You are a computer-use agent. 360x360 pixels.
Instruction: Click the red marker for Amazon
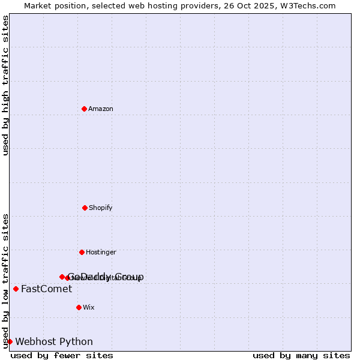click(84, 109)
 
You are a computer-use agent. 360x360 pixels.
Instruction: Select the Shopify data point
click(85, 208)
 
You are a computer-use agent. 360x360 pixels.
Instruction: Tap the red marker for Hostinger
click(82, 252)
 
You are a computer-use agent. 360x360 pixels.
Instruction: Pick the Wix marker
click(79, 307)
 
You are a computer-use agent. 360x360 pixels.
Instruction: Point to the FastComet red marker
click(16, 289)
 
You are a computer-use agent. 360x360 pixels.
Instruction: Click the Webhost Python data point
click(10, 341)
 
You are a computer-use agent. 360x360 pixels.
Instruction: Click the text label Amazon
click(101, 109)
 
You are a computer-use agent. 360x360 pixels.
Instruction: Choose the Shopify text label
click(101, 208)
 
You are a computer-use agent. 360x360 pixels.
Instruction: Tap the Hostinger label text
click(101, 252)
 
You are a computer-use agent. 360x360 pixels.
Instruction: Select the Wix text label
click(89, 307)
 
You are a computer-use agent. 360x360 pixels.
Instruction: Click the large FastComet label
click(46, 289)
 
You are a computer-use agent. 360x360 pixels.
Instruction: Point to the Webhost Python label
click(54, 342)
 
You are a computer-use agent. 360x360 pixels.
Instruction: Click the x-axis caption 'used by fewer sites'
click(62, 355)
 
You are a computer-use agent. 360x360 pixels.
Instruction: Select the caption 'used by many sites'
click(301, 355)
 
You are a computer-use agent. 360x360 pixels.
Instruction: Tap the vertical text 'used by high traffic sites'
click(5, 85)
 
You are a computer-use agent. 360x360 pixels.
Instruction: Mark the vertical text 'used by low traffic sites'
click(5, 281)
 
